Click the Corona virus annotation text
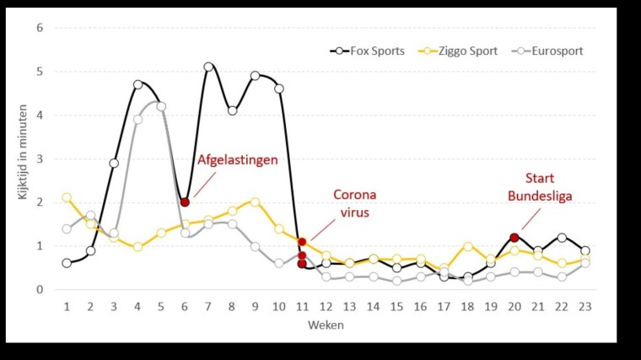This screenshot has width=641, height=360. coord(354,204)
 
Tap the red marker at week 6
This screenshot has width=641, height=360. coord(185,202)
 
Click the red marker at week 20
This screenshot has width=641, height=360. coord(514,238)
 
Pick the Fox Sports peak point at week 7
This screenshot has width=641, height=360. coord(208,67)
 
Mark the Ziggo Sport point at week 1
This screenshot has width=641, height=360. coord(67,197)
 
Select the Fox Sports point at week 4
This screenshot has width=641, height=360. coord(137,84)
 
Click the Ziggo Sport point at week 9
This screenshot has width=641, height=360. coord(255,202)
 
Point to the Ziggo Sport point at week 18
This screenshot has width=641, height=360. coord(467,246)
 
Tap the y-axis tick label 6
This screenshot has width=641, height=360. coord(39,28)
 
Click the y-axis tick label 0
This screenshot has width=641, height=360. coord(39,290)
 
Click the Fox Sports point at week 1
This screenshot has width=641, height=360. coord(67,263)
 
